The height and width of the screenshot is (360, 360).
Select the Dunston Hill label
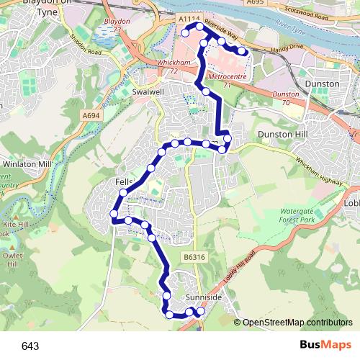point(278,135)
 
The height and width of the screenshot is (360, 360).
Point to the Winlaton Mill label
point(27,164)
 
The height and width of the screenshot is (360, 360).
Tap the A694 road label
point(91,114)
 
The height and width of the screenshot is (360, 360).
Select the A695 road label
point(255,2)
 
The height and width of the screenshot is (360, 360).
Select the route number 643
point(30,346)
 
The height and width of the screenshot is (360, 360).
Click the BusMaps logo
point(326,346)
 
